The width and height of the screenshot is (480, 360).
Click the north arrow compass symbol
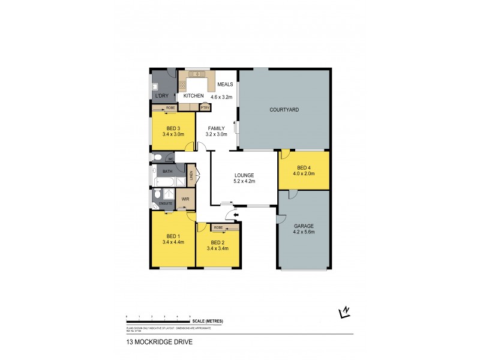pos(344,311)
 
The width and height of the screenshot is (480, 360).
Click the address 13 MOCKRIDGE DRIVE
pos(154,343)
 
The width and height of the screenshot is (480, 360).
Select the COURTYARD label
pos(284,110)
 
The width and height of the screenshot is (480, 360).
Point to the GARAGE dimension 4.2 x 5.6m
pos(304,232)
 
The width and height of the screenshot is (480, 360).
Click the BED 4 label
pos(304,167)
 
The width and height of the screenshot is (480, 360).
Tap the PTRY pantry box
pos(205,107)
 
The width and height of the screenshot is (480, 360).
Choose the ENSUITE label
pos(165,204)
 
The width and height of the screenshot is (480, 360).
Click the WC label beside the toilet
pos(170,159)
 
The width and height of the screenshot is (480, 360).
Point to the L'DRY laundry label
pos(161,96)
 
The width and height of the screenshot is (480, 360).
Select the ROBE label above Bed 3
pos(170,108)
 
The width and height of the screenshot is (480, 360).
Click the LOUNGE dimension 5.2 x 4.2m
pos(244,181)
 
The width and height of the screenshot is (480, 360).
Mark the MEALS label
pos(225,84)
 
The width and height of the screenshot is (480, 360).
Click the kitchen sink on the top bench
pos(196,76)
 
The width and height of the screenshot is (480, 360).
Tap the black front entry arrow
pos(236,214)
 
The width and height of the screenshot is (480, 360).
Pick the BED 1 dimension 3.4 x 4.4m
pos(173,242)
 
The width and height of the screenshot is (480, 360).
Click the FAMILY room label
pos(217,128)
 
